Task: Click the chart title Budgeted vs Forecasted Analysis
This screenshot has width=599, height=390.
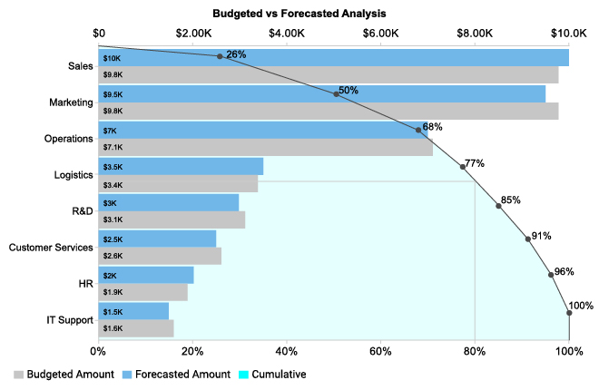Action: click(299, 14)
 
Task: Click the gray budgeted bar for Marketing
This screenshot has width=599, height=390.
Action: click(328, 112)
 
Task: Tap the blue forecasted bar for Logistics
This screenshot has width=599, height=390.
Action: click(181, 167)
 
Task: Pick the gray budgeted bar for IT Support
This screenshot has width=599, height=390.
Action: click(135, 328)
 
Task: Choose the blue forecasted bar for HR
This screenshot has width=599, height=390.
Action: click(145, 275)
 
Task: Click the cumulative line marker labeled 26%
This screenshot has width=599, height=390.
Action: click(220, 56)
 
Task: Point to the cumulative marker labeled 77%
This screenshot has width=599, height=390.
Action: click(463, 167)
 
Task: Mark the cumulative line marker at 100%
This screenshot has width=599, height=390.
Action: click(569, 313)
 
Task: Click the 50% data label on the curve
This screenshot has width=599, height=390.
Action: click(348, 91)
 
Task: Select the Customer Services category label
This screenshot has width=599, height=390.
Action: click(51, 248)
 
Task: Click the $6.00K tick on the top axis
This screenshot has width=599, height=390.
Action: click(381, 33)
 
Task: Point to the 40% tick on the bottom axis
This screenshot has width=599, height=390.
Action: click(287, 349)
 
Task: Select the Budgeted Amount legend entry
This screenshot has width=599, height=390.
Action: click(64, 374)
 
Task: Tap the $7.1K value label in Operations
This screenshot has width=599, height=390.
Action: click(113, 147)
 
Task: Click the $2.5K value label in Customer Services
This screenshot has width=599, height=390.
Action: click(113, 239)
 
